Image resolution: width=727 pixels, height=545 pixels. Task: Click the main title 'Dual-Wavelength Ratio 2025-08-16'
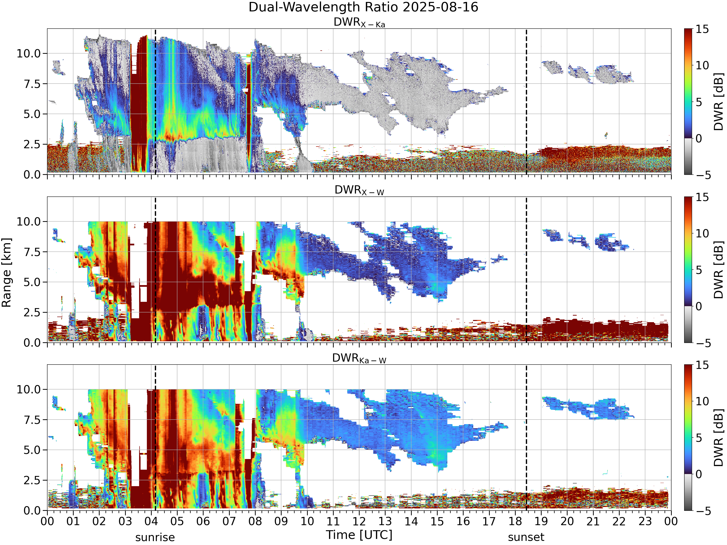363,7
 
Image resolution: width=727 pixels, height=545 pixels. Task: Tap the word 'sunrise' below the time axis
155,537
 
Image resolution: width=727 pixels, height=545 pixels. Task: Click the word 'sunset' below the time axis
526,537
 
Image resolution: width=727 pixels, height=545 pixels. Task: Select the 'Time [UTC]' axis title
359,535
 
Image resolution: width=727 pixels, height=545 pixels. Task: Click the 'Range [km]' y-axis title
6,273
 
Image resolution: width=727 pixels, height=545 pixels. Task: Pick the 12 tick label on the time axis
359,521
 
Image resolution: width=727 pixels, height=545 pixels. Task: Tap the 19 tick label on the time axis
541,521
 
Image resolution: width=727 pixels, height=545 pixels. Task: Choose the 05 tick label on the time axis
177,521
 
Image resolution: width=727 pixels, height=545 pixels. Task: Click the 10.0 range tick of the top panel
29,53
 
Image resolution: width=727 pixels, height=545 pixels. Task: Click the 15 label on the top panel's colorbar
702,29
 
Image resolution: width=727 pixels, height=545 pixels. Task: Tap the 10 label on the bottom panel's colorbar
702,401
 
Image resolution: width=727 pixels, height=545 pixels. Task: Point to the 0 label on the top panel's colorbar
699,138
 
